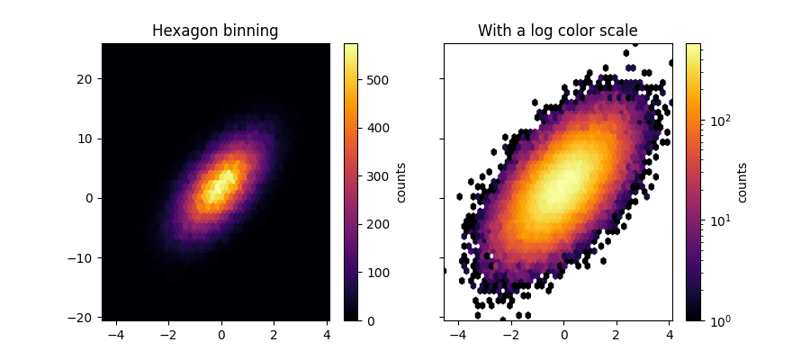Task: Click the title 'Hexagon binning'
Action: pyautogui.click(x=215, y=31)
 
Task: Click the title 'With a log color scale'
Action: pyautogui.click(x=557, y=31)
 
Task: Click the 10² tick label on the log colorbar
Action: pyautogui.click(x=717, y=118)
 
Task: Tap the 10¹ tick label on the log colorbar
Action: pyautogui.click(x=717, y=219)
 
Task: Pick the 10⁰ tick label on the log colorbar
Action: pyautogui.click(x=717, y=320)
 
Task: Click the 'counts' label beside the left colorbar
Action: pyautogui.click(x=401, y=182)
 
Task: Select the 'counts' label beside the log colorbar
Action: pyautogui.click(x=742, y=182)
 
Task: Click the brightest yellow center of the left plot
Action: pyautogui.click(x=220, y=184)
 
